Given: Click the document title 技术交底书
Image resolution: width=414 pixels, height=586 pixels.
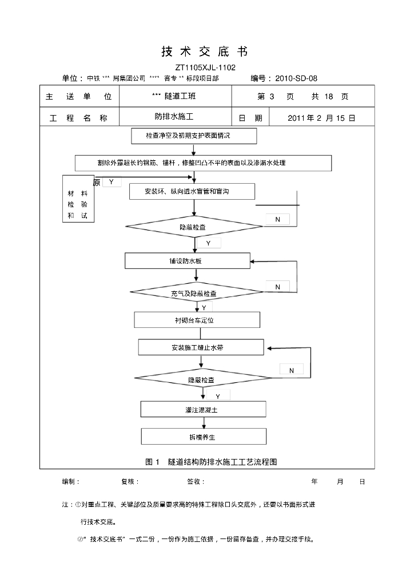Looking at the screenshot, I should coord(205,52).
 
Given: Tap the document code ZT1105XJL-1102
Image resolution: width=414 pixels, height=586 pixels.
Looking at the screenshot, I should coord(205,68).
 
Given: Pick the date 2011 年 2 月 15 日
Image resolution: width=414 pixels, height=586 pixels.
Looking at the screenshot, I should coord(321,118).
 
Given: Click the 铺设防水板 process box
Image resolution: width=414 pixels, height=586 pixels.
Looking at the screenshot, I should coord(188,260).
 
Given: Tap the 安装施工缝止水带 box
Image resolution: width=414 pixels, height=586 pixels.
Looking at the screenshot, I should coord(201,347).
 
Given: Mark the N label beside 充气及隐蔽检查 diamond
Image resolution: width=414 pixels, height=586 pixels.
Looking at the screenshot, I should coord(278,287).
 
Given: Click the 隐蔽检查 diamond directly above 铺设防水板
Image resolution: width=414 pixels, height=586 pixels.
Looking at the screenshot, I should coord(193,227).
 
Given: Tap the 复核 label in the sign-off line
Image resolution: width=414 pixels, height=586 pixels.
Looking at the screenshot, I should coord(130,482).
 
